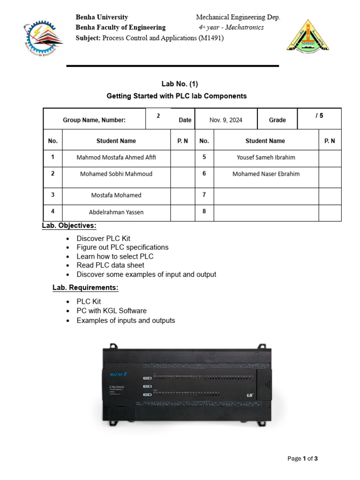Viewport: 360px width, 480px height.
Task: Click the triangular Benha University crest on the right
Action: coord(307,37)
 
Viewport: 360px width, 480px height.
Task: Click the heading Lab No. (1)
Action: coord(180,84)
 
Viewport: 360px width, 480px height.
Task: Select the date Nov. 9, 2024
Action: coord(226,120)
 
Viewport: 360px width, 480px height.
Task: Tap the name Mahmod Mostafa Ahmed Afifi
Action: coord(116,157)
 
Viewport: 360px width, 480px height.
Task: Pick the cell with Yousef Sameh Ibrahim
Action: coord(266,157)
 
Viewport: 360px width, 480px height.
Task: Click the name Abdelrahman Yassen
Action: coord(116,212)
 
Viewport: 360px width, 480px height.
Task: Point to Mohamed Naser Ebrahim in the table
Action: coord(266,174)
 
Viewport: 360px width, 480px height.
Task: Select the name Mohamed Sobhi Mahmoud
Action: coord(116,174)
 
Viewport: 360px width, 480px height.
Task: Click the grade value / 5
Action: coord(319,115)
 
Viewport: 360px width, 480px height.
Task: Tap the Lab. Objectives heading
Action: coord(69,225)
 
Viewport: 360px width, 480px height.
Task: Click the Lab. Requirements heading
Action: coord(85,287)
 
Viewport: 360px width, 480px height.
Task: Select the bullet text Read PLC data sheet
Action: coord(111,265)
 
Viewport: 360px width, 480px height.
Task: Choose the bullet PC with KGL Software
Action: coord(112,311)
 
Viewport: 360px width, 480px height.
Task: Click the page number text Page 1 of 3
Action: coord(303,458)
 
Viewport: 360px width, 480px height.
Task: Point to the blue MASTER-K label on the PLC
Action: coord(118,374)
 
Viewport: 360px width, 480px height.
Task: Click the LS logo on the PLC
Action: coord(250,395)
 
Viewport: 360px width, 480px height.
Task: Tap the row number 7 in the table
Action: coord(204,195)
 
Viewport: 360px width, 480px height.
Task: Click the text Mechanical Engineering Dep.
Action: coord(238,17)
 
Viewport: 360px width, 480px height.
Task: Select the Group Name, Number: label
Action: coord(94,120)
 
